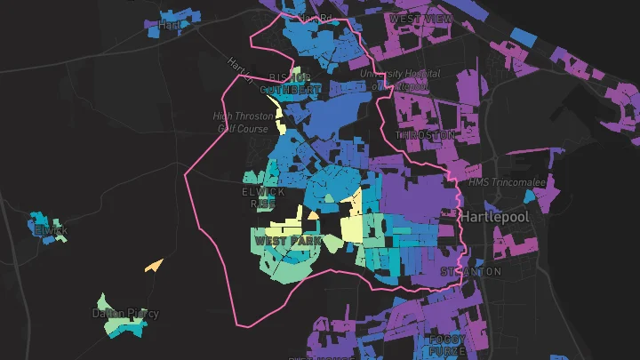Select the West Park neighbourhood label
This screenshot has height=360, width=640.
287,241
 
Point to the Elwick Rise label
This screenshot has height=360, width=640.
263,197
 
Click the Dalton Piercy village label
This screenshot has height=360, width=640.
125,313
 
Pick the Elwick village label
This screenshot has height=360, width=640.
51,231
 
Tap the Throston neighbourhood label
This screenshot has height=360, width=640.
425,135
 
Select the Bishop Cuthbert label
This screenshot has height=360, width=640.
290,83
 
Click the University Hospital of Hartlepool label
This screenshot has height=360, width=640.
394,79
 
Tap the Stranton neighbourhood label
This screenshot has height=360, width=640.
471,271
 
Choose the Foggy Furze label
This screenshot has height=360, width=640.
447,345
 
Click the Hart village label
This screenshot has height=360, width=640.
169,25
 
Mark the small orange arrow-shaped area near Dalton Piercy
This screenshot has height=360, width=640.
153,265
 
